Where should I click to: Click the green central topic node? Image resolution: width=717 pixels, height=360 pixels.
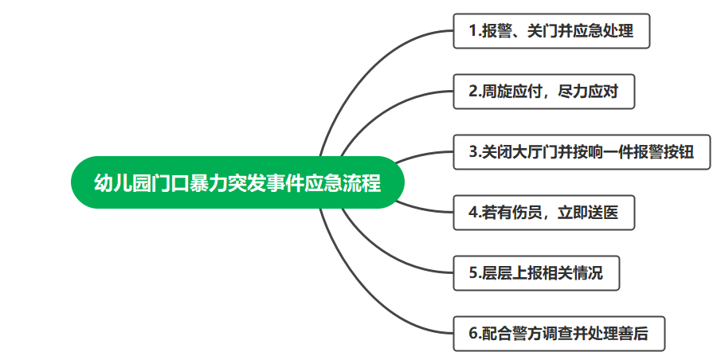[x=237, y=182]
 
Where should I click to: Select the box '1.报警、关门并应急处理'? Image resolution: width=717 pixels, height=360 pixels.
[x=551, y=30]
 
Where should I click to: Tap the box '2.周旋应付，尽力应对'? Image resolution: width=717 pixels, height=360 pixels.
[x=543, y=92]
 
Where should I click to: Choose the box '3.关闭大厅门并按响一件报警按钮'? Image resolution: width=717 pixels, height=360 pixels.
[x=582, y=152]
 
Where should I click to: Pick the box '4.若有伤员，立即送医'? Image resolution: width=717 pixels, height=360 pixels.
[x=543, y=212]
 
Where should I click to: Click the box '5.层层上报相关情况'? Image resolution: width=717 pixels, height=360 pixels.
[x=536, y=273]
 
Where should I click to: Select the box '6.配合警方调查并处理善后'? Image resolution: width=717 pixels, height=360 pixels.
[x=558, y=334]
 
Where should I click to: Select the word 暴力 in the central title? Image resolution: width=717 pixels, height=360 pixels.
[x=208, y=182]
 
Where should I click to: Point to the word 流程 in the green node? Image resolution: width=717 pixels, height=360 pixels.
[x=362, y=182]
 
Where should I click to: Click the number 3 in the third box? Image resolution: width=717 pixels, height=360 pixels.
[x=472, y=152]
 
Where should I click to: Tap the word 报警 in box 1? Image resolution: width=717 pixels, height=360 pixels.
[x=497, y=30]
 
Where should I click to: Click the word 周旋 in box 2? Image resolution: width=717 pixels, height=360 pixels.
[x=497, y=92]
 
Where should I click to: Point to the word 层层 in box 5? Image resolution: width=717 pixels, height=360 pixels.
[x=497, y=273]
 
